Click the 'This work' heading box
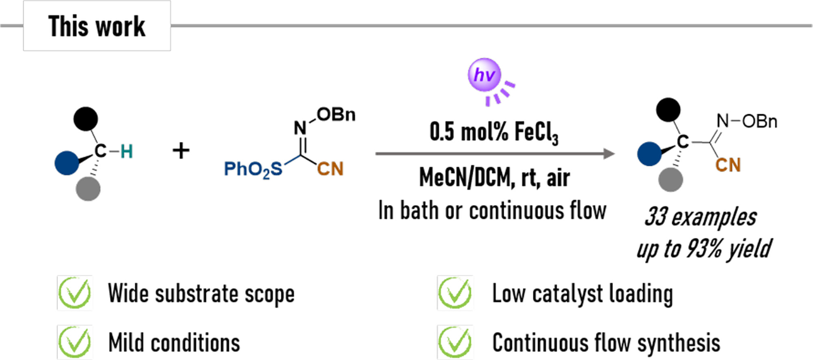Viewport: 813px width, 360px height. pyautogui.click(x=97, y=26)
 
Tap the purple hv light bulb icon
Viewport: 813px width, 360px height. pyautogui.click(x=484, y=75)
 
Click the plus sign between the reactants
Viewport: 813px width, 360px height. pyautogui.click(x=181, y=151)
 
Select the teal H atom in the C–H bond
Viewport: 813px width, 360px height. pyautogui.click(x=126, y=152)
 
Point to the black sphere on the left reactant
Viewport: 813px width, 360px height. pyautogui.click(x=86, y=119)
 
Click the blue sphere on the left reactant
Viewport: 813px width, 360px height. pyautogui.click(x=67, y=163)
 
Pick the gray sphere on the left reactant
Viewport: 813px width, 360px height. pyautogui.click(x=88, y=189)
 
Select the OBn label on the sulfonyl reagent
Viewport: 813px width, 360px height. pyautogui.click(x=336, y=115)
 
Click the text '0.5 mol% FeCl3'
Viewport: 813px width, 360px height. pyautogui.click(x=494, y=132)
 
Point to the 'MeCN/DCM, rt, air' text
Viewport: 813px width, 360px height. pyautogui.click(x=494, y=178)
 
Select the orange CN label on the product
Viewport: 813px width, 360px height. pyautogui.click(x=728, y=165)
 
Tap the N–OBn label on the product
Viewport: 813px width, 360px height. pyautogui.click(x=746, y=121)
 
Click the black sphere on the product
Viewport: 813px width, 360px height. pyautogui.click(x=668, y=110)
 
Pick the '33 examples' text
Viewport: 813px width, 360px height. pyautogui.click(x=701, y=217)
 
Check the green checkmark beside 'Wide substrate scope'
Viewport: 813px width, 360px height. pyautogui.click(x=75, y=293)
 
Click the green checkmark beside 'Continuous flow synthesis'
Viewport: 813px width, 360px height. pyautogui.click(x=455, y=342)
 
